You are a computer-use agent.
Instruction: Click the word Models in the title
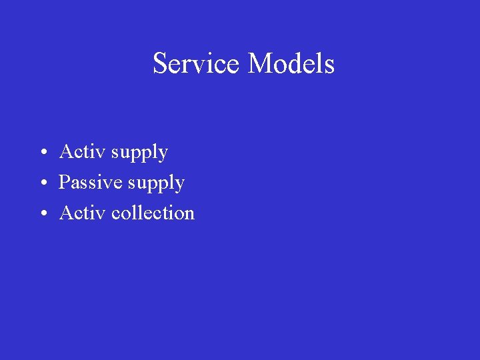(x=291, y=64)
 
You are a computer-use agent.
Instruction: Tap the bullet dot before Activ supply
(x=42, y=153)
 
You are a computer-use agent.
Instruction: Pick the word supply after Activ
(x=139, y=153)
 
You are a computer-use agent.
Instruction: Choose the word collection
(x=153, y=213)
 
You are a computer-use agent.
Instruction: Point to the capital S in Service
(x=159, y=64)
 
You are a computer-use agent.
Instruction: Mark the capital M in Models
(x=259, y=64)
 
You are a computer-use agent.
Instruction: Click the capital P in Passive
(x=64, y=182)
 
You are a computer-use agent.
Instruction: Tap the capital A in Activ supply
(x=66, y=152)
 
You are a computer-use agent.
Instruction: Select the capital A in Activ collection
(x=66, y=213)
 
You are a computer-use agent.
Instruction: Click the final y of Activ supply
(x=163, y=155)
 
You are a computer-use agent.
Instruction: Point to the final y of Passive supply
(x=180, y=185)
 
